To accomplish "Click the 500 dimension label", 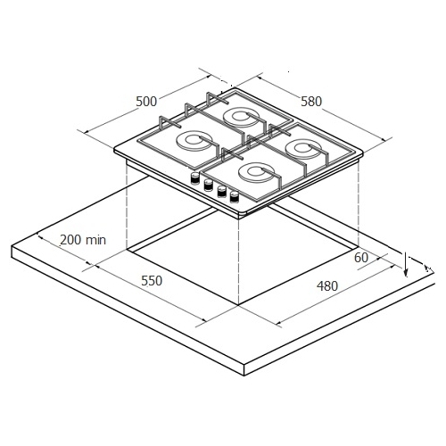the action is click(146, 102).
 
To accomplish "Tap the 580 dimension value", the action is click(311, 102).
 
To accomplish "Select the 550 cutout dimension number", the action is click(152, 281).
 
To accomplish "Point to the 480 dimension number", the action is click(327, 286).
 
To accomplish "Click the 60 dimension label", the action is click(361, 258).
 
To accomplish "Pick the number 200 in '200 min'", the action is click(70, 240).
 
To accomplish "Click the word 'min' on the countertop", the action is click(95, 240).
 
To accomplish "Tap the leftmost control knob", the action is click(194, 178).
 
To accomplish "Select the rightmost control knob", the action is click(235, 197).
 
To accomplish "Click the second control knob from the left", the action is click(208, 185).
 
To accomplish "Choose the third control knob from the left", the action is click(221, 191).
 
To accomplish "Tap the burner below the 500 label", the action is click(194, 142).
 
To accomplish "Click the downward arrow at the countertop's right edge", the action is click(406, 264).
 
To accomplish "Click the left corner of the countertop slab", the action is click(12, 246).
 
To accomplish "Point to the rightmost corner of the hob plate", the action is click(363, 153).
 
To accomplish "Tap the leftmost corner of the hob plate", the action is click(114, 149).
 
